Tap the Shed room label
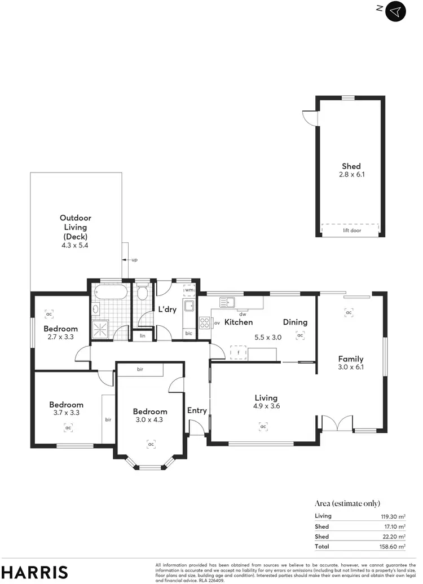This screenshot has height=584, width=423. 351,166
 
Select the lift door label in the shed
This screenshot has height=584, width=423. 352,231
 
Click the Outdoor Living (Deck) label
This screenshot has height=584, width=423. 76,227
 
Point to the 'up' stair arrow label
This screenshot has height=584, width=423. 134,260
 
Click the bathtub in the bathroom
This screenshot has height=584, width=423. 111,293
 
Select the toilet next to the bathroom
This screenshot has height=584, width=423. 142,293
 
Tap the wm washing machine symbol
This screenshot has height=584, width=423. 189,290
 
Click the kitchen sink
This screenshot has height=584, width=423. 227,303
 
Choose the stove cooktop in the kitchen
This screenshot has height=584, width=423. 204,323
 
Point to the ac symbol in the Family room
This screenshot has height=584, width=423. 349,312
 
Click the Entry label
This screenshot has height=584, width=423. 197,410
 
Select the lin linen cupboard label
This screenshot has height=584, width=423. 143,336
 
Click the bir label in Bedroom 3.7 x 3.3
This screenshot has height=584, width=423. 107,419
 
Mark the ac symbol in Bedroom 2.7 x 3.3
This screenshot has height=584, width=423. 49,314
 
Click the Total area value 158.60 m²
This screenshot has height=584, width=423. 393,547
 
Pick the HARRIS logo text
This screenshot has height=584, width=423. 34,572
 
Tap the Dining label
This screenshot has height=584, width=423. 295,322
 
